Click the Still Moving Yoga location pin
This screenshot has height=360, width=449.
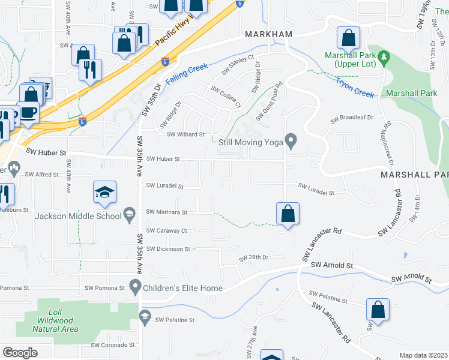click(x=291, y=142)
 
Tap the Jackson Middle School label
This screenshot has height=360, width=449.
click(x=77, y=215)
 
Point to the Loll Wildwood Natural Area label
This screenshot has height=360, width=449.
click(x=55, y=320)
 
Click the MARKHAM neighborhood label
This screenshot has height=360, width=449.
click(x=268, y=35)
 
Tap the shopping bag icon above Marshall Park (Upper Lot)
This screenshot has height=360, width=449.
click(x=348, y=38)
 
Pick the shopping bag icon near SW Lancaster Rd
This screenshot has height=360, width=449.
click(x=288, y=214)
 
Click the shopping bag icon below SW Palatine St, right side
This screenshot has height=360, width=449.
click(x=378, y=310)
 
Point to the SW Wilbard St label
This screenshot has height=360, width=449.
click(x=185, y=134)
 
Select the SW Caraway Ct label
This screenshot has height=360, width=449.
click(x=167, y=230)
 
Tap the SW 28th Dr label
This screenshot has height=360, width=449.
click(x=253, y=258)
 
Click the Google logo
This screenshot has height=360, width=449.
click(x=20, y=353)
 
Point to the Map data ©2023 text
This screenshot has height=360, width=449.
click(x=423, y=355)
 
